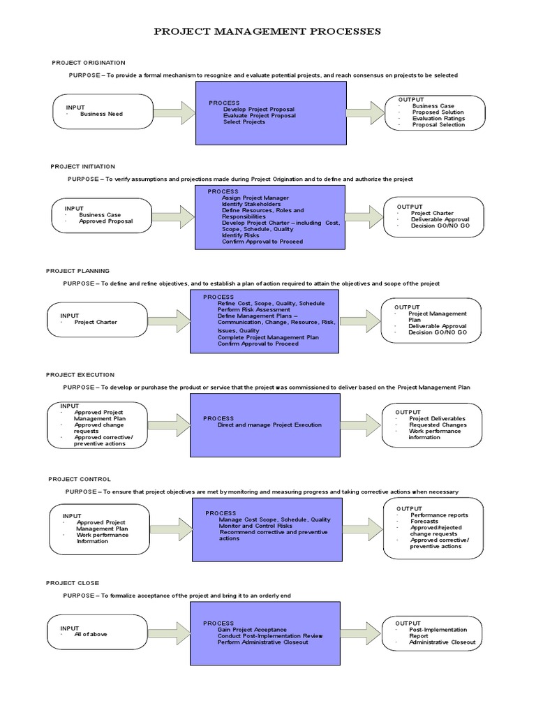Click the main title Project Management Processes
tap(267, 31)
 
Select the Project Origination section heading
tap(89, 63)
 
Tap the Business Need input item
tap(101, 114)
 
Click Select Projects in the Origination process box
tap(244, 122)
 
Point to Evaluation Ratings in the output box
tap(438, 119)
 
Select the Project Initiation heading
tap(83, 167)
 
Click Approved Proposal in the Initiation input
tap(105, 221)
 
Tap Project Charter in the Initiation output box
tap(432, 214)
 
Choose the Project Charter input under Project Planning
tap(96, 323)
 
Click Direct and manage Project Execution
tap(269, 425)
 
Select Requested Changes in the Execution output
tap(437, 425)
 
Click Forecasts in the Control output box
tap(425, 522)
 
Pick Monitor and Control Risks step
tap(255, 526)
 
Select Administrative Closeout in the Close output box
tap(442, 642)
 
